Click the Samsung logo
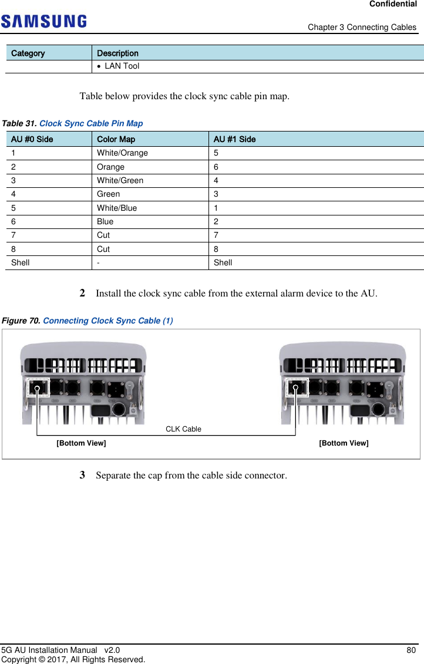tap(43, 22)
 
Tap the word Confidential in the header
tap(393, 4)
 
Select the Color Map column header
tap(116, 139)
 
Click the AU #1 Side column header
tap(234, 139)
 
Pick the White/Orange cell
tap(122, 153)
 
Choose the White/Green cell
tap(120, 180)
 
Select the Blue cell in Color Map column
tap(105, 221)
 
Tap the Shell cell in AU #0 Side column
tap(21, 262)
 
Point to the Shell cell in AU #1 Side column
tap(223, 262)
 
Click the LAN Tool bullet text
tap(122, 66)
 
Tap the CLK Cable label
tap(183, 429)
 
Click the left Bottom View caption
tap(81, 443)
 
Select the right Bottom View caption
tap(344, 443)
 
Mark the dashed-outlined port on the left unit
tap(39, 387)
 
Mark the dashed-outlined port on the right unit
tap(298, 387)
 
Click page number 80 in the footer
tap(411, 650)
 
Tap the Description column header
tap(117, 53)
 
